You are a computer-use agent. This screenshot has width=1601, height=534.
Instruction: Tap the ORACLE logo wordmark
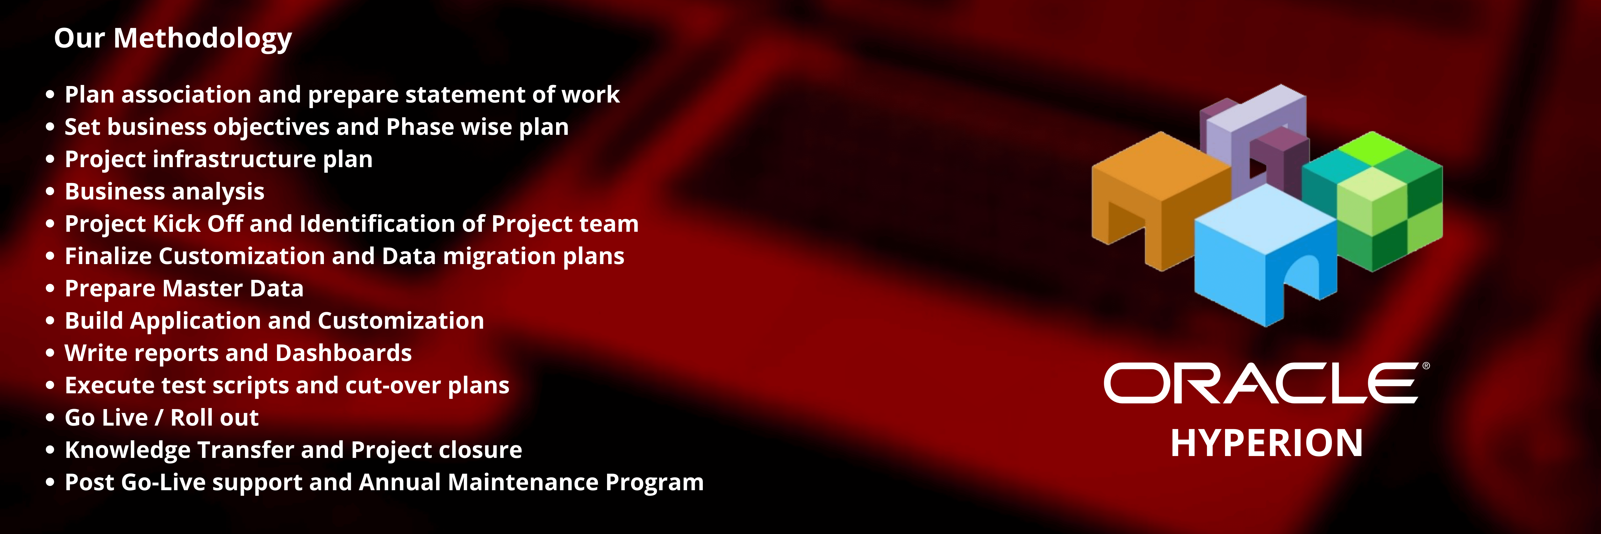tap(1262, 384)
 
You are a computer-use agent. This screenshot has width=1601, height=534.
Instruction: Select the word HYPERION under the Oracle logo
tap(1267, 443)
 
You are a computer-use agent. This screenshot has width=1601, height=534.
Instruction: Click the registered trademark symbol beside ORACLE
tap(1426, 366)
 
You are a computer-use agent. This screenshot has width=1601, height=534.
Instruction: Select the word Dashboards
tap(344, 353)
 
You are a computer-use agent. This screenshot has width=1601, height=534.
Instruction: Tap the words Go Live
tap(106, 418)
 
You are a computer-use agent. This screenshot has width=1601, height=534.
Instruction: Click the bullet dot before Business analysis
tap(50, 191)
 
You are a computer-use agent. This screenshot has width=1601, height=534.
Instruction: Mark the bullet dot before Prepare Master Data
tap(50, 288)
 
